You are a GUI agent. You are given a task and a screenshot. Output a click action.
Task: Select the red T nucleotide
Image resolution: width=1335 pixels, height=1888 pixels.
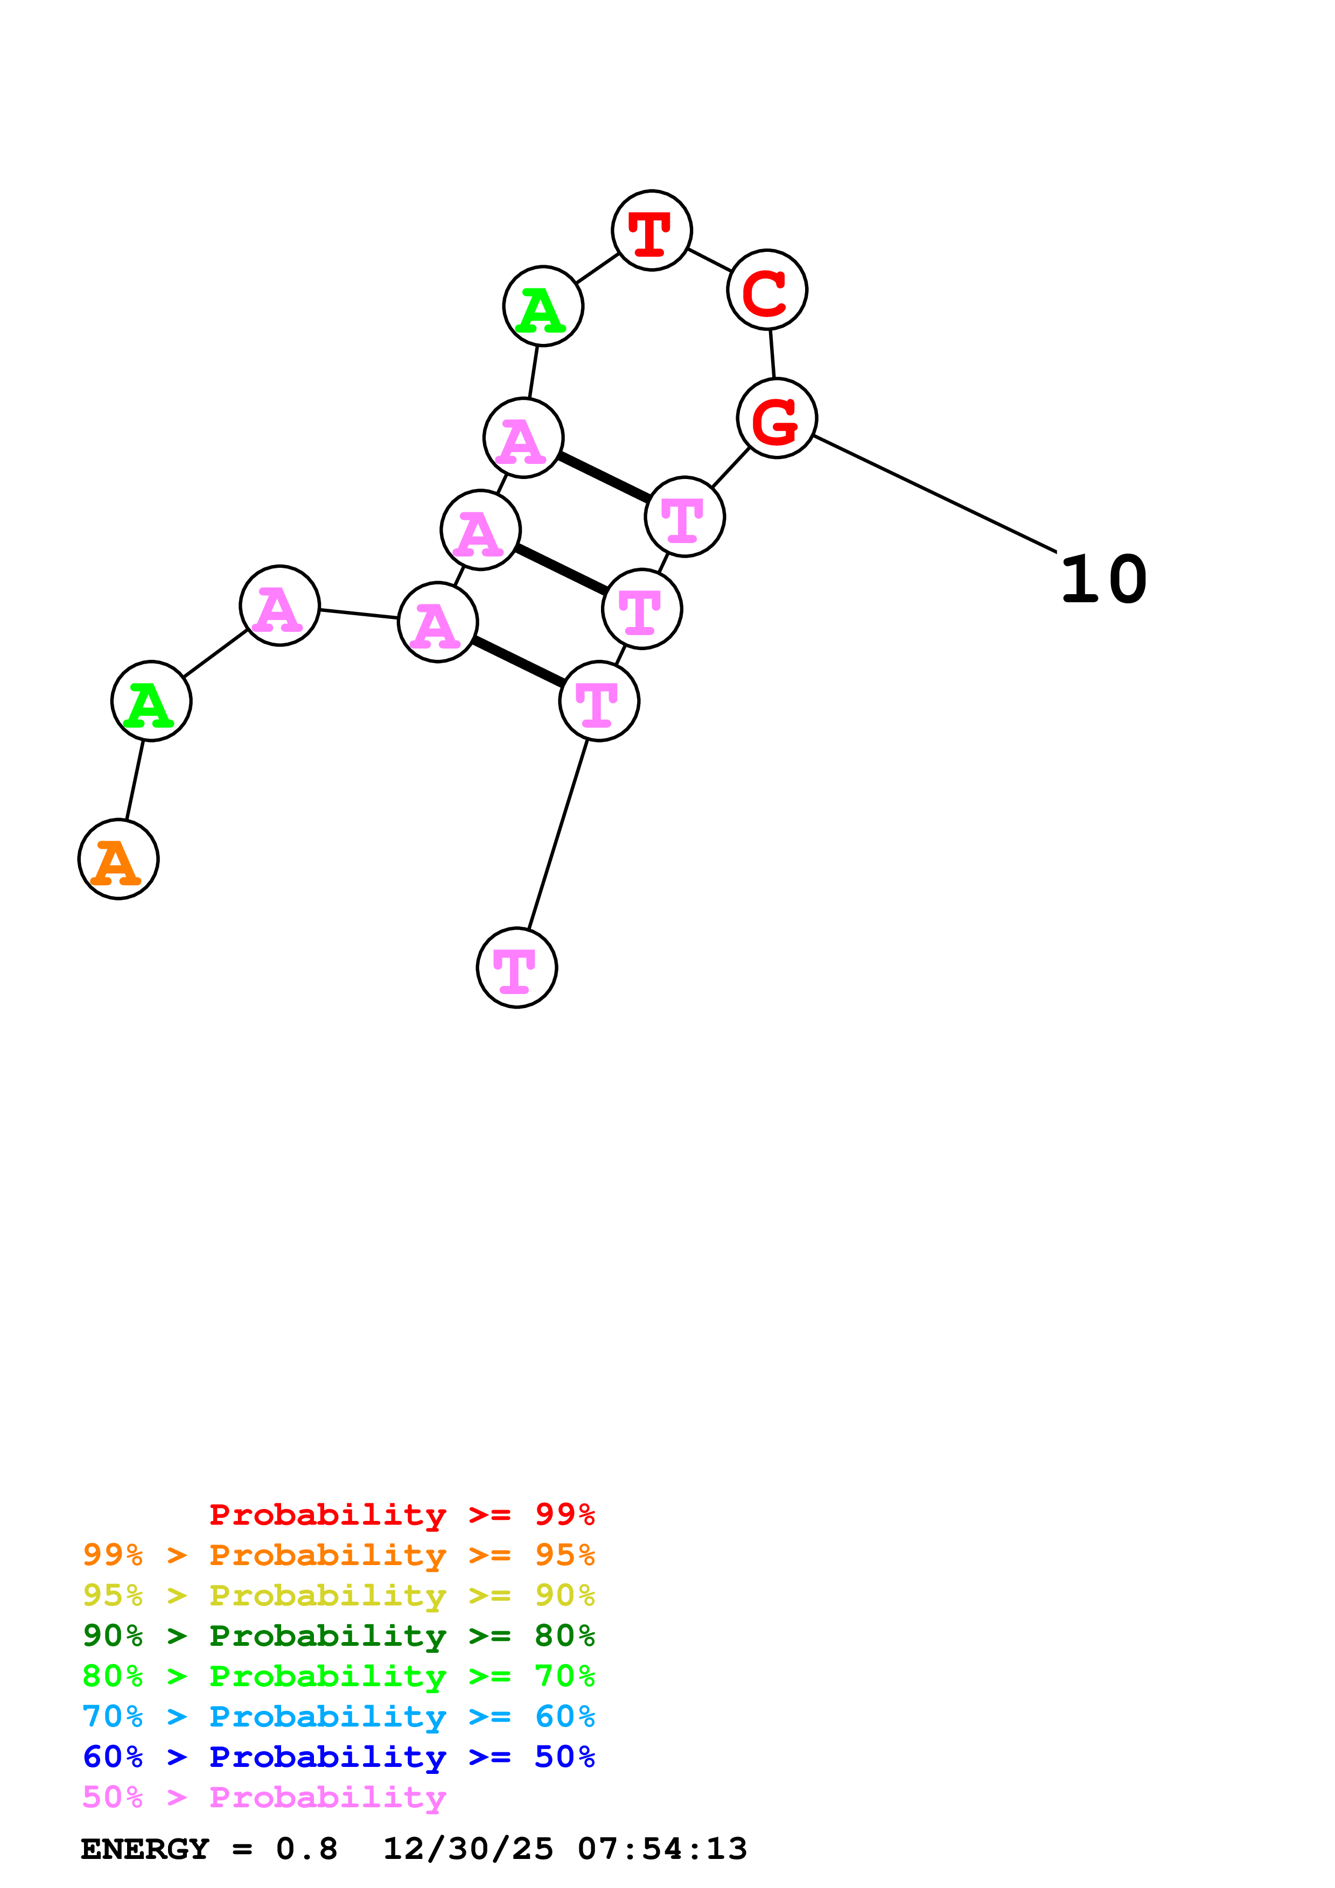click(x=652, y=230)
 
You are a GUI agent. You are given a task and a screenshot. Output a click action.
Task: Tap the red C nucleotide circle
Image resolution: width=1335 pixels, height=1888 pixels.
click(x=767, y=290)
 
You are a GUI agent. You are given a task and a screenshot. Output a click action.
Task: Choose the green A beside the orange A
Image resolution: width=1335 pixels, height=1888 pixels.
click(x=151, y=701)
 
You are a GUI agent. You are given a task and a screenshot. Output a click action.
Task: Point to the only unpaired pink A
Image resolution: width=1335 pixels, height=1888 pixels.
click(x=279, y=605)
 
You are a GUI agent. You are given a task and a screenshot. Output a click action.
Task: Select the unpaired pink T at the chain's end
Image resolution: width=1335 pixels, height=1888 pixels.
click(x=516, y=967)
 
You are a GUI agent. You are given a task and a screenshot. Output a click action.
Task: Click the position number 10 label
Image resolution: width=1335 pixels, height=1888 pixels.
click(x=1103, y=580)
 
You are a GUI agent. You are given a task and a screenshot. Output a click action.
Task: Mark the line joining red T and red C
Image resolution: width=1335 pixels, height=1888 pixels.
click(x=709, y=260)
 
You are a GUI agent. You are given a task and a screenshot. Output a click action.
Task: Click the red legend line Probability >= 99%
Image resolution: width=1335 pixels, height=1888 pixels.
click(x=401, y=1514)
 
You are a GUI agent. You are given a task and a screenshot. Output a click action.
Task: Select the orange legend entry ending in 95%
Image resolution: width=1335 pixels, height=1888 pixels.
click(x=338, y=1555)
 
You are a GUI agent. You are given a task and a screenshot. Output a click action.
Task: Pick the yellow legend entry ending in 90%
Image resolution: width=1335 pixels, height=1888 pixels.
click(x=338, y=1595)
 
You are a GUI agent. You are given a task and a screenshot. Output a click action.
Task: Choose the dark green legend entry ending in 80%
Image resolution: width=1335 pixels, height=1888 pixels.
click(x=338, y=1636)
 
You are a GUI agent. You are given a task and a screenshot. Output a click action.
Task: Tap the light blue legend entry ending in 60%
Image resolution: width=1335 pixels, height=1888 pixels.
click(x=338, y=1716)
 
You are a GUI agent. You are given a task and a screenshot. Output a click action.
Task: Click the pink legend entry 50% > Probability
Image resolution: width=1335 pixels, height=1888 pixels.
click(x=264, y=1797)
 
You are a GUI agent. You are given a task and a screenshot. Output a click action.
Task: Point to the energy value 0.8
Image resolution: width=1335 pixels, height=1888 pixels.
click(x=307, y=1849)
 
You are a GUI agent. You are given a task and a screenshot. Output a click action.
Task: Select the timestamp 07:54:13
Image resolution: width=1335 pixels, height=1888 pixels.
click(x=662, y=1849)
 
